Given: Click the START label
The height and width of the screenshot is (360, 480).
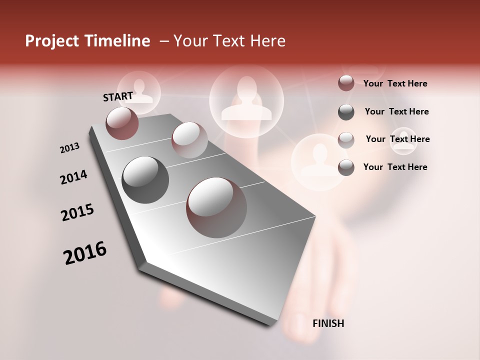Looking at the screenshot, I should [118, 96].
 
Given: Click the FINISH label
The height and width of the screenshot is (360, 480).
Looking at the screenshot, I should [328, 323].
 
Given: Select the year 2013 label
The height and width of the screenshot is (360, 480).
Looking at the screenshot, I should [69, 148].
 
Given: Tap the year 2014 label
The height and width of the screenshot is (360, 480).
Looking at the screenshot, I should [74, 177].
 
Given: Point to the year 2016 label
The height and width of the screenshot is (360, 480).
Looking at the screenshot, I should [85, 253].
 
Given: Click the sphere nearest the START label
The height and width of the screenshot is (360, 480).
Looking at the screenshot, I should [122, 123].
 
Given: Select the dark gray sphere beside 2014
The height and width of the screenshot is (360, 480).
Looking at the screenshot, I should [145, 180].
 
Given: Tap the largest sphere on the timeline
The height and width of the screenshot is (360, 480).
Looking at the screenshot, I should [216, 207].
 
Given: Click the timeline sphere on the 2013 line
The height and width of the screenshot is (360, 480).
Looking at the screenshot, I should [189, 140].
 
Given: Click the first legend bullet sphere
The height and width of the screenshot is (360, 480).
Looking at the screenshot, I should [346, 83].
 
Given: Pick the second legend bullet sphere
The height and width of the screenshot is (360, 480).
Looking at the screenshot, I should [346, 112].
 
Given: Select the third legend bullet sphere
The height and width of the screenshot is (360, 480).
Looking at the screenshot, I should [346, 140].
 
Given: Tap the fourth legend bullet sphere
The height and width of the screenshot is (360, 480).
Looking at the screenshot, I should [346, 167].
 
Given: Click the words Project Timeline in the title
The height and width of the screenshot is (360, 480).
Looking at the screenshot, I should [87, 41].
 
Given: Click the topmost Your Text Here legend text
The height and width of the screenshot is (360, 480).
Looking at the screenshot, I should [395, 83].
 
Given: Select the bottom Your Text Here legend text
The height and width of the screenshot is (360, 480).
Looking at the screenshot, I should [395, 167].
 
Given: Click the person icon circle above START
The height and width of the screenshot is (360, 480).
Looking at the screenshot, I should [139, 92].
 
